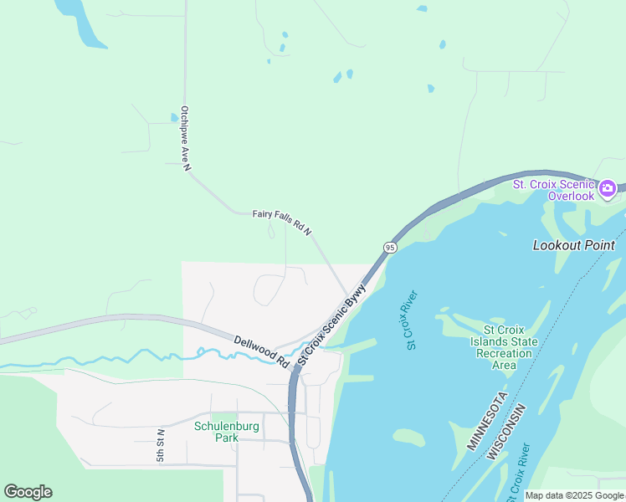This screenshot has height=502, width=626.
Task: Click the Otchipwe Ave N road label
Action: (185, 138)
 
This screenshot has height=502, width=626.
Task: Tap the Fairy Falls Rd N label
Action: (282, 223)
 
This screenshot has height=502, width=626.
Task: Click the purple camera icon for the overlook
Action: (608, 188)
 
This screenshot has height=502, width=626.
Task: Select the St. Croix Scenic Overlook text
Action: (553, 190)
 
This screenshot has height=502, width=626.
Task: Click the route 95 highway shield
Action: (390, 247)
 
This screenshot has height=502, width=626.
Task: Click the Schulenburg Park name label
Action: (226, 432)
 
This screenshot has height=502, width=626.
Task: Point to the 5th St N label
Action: (161, 445)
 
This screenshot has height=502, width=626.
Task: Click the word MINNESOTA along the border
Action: (487, 421)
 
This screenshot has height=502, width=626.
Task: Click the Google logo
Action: (28, 492)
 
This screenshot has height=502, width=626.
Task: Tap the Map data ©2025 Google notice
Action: (574, 495)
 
